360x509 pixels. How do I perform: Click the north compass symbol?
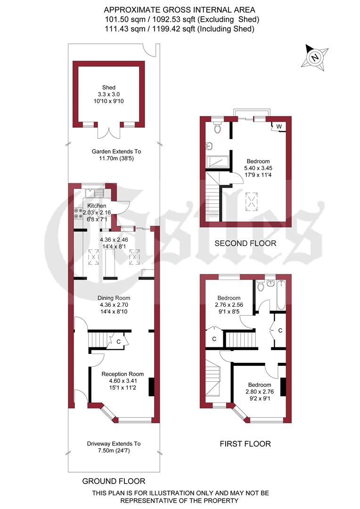coord(314,57)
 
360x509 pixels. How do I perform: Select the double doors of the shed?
coord(109,132)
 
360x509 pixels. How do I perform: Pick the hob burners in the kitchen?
coord(77,213)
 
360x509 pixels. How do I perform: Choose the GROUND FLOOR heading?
coord(114,481)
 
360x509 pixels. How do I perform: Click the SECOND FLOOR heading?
coord(245,244)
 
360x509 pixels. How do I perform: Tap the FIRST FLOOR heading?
coord(245,443)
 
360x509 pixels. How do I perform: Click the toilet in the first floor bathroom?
coord(260,286)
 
